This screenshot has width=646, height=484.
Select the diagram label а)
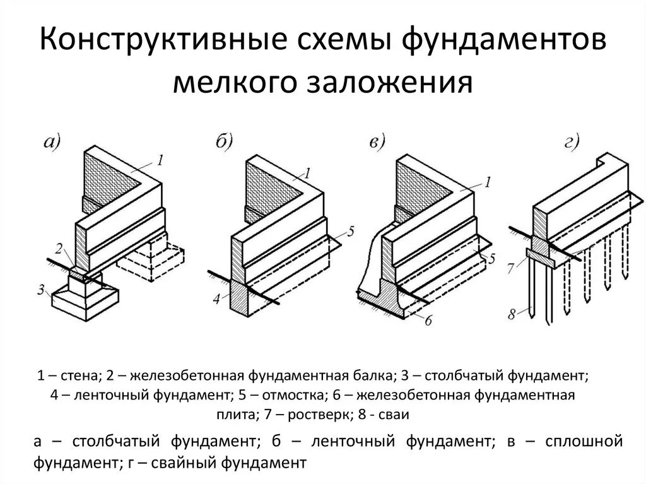pyautogui.click(x=52, y=143)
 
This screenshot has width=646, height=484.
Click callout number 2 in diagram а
pyautogui.click(x=57, y=247)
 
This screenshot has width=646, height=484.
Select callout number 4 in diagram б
pyautogui.click(x=216, y=300)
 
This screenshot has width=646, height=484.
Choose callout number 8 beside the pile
pyautogui.click(x=512, y=312)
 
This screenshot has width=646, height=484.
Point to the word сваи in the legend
pyautogui.click(x=395, y=415)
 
